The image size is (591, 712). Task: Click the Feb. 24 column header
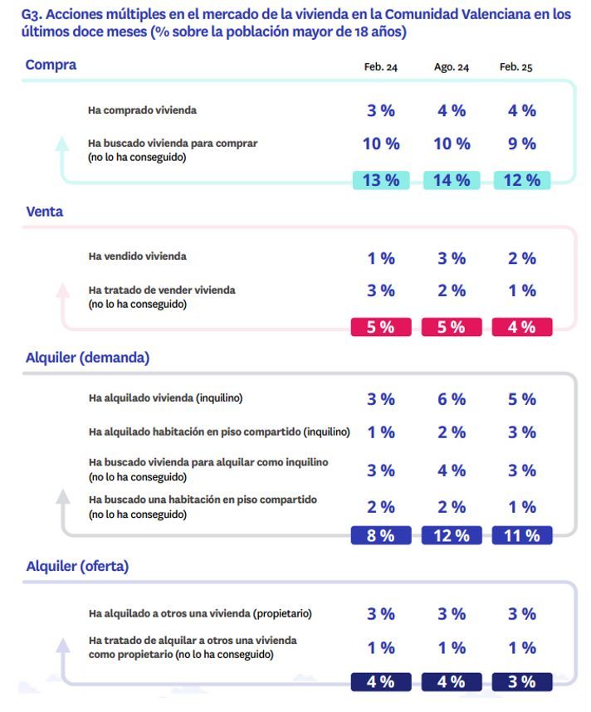[380, 67]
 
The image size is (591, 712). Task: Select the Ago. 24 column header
[451, 67]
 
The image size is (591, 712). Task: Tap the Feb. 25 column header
[515, 67]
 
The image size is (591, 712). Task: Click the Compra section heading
[51, 65]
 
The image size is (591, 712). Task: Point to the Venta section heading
[44, 212]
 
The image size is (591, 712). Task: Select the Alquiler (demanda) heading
[87, 358]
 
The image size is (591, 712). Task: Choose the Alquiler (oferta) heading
[77, 567]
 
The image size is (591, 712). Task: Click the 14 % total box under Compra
[452, 180]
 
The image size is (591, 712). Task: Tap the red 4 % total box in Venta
[522, 327]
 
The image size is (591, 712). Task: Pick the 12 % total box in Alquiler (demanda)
[452, 536]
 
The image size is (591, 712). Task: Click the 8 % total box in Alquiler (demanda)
[381, 536]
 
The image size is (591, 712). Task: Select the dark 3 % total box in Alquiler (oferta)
[522, 682]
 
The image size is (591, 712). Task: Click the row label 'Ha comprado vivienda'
[142, 110]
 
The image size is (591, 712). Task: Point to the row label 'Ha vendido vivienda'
[137, 256]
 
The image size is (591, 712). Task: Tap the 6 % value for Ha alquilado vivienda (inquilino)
[452, 399]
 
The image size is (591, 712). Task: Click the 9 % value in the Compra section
[522, 144]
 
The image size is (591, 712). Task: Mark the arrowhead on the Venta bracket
[62, 290]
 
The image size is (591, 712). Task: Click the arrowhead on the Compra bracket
[62, 143]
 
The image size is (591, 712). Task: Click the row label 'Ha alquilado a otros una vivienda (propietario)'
[200, 614]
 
